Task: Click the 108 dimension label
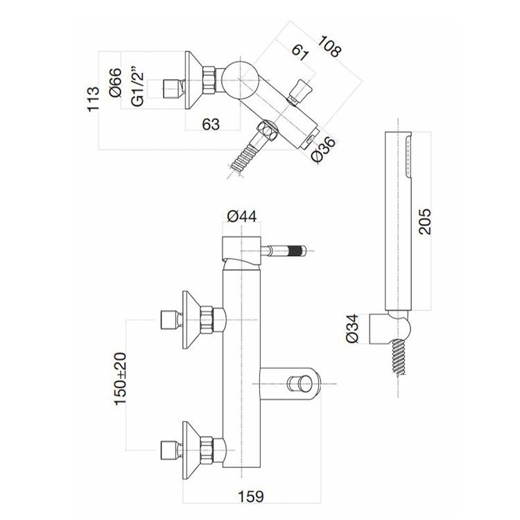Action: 329,46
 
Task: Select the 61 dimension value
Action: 300,51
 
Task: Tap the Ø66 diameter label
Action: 115,83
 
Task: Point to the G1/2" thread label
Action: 137,87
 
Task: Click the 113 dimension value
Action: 93,99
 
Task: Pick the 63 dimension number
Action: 211,124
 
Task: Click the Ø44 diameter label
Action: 242,216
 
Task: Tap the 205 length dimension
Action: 425,222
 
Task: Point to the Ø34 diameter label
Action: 352,329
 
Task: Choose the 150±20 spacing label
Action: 120,379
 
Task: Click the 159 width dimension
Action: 251,496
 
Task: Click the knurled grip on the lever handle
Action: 296,251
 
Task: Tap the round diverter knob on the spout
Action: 300,384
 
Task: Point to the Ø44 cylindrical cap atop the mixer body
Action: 241,248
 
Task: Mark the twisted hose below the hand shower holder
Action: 399,357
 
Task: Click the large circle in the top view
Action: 240,80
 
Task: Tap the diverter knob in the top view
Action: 300,91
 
